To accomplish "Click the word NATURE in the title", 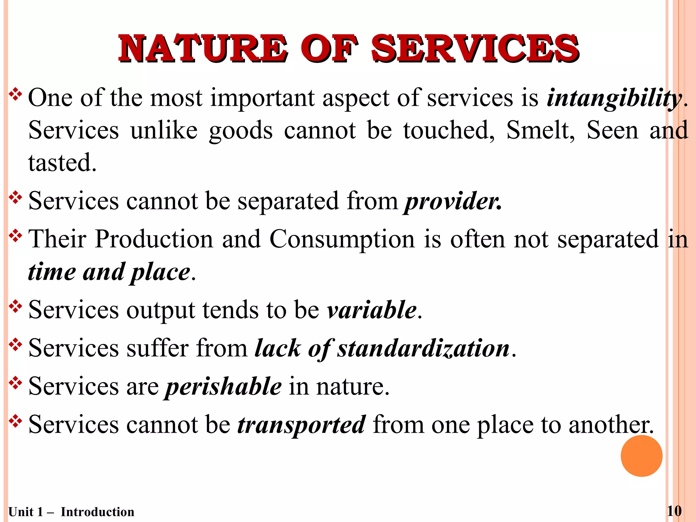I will (x=203, y=49).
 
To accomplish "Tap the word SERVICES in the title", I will (x=475, y=49).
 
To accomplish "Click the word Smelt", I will (x=540, y=130).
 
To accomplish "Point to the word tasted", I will (x=62, y=163).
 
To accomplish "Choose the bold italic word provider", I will (x=452, y=201).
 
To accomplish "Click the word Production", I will (x=154, y=239).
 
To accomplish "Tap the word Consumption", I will (x=342, y=239).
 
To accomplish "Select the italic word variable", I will (x=371, y=310).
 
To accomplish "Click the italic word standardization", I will (x=423, y=348).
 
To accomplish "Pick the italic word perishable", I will (x=223, y=387).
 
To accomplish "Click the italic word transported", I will (x=301, y=425).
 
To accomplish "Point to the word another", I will (x=610, y=425).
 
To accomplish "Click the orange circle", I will (x=641, y=456).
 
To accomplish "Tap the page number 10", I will (x=674, y=511).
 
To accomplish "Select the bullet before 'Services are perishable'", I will (x=15, y=384).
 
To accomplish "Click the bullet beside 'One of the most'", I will (x=15, y=95).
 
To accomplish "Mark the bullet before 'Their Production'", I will (x=15, y=236).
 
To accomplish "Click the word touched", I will (x=449, y=130).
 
